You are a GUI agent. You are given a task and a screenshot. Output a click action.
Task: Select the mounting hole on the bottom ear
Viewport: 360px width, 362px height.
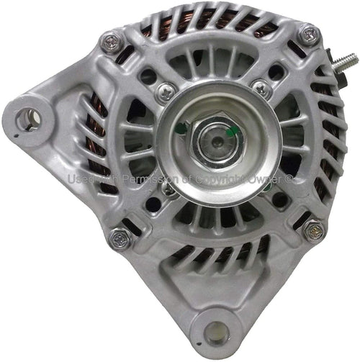(x=212, y=332)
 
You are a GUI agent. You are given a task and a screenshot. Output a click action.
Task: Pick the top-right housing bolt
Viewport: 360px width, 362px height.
(x=308, y=34)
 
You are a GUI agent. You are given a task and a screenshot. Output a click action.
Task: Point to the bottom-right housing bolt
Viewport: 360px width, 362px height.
(x=313, y=230)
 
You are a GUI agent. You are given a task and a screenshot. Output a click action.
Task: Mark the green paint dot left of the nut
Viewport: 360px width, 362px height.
(x=181, y=129)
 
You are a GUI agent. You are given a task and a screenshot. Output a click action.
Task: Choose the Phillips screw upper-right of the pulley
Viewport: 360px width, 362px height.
(x=262, y=89)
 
